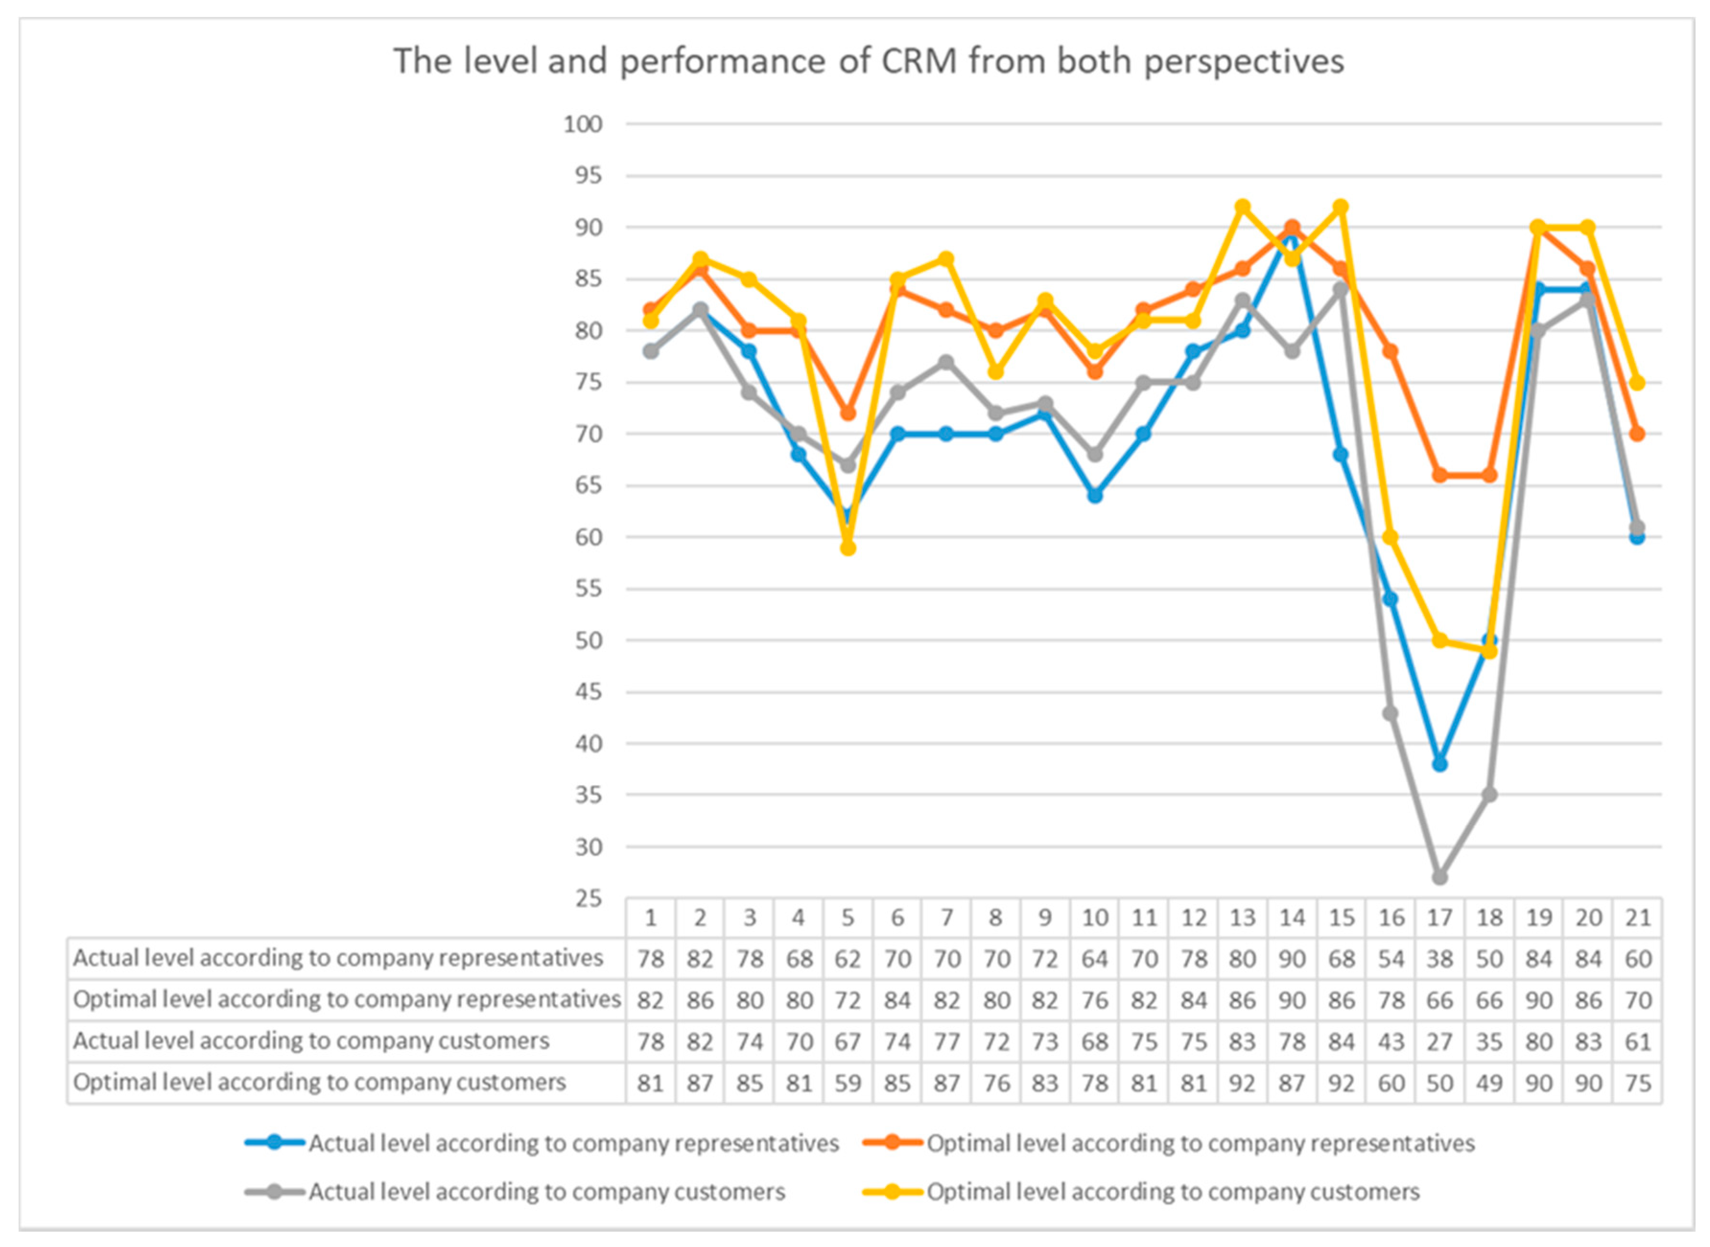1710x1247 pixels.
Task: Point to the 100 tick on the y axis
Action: (583, 124)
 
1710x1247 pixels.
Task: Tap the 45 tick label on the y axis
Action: (589, 692)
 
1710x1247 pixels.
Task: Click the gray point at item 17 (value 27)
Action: (1439, 877)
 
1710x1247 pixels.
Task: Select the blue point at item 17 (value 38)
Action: (1439, 764)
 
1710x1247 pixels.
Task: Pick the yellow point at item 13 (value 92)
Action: (1242, 207)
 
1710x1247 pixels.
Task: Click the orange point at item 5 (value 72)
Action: (848, 414)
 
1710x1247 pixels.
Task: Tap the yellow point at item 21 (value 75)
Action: (1637, 383)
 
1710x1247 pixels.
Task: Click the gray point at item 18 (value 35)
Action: (1489, 795)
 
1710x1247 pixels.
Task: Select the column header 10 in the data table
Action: (1095, 918)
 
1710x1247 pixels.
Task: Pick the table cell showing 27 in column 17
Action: (1439, 1042)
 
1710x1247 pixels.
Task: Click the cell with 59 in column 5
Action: (848, 1083)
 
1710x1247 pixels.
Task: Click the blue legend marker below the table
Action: (275, 1143)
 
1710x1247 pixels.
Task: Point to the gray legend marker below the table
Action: (275, 1192)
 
